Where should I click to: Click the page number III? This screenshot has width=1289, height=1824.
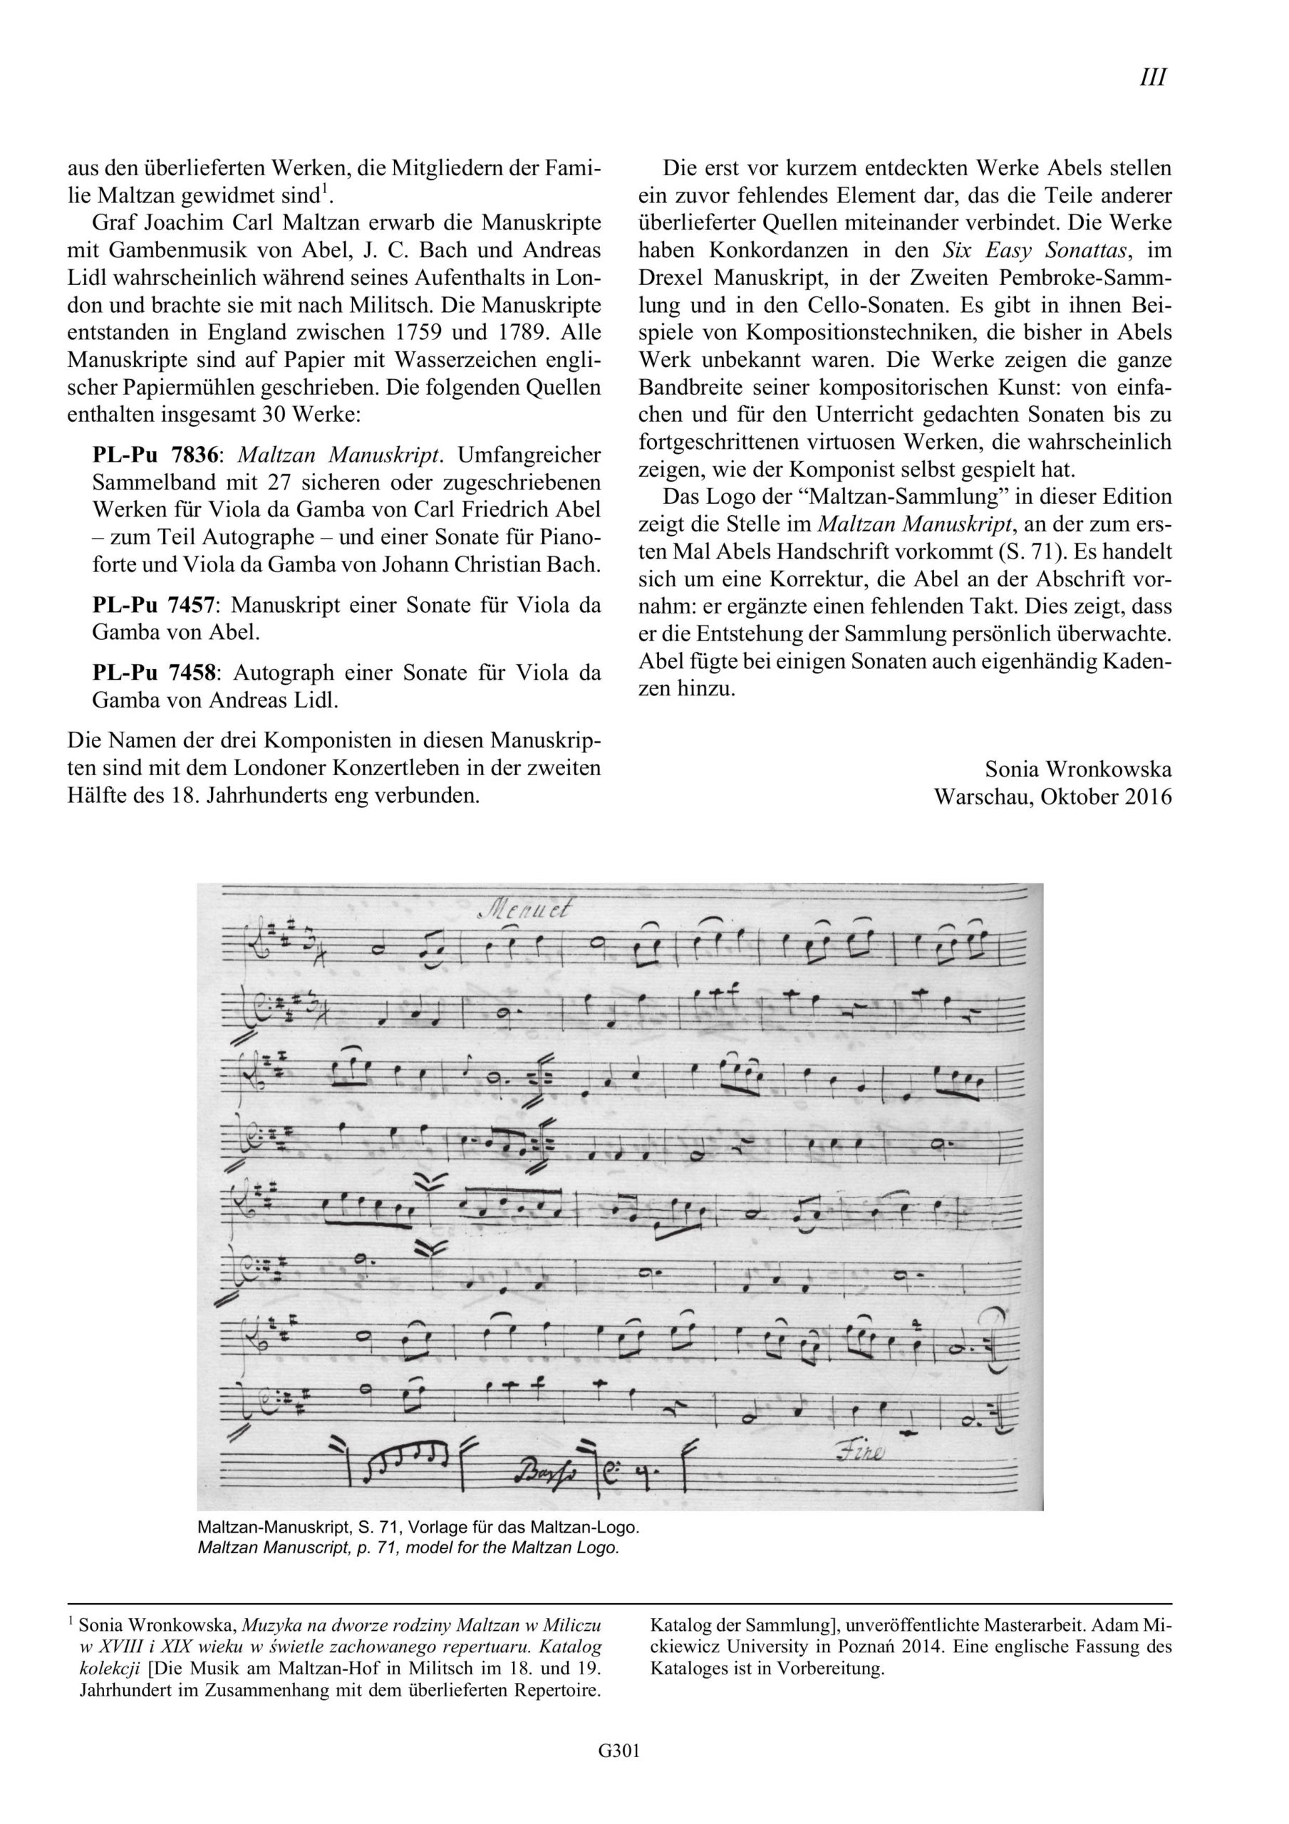(x=1152, y=78)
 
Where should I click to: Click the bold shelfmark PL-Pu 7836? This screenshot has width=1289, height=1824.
(x=156, y=456)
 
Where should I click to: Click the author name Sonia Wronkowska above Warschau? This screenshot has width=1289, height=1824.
(x=1077, y=769)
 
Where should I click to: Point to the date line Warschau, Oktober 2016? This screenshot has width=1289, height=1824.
(x=1053, y=796)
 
